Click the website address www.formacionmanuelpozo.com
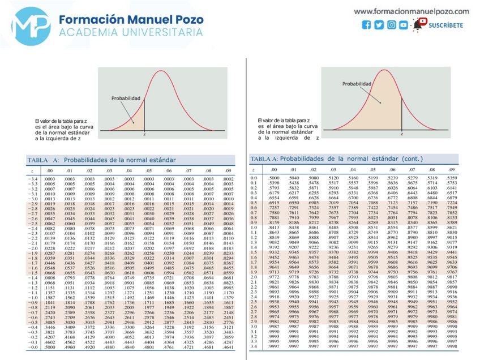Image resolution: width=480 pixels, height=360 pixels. click(x=412, y=11)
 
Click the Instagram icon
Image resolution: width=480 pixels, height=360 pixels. click(x=391, y=25)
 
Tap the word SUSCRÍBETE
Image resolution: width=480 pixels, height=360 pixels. click(x=446, y=25)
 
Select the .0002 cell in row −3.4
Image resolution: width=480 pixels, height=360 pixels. click(x=228, y=179)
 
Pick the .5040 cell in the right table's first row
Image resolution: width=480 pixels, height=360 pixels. click(x=293, y=178)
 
